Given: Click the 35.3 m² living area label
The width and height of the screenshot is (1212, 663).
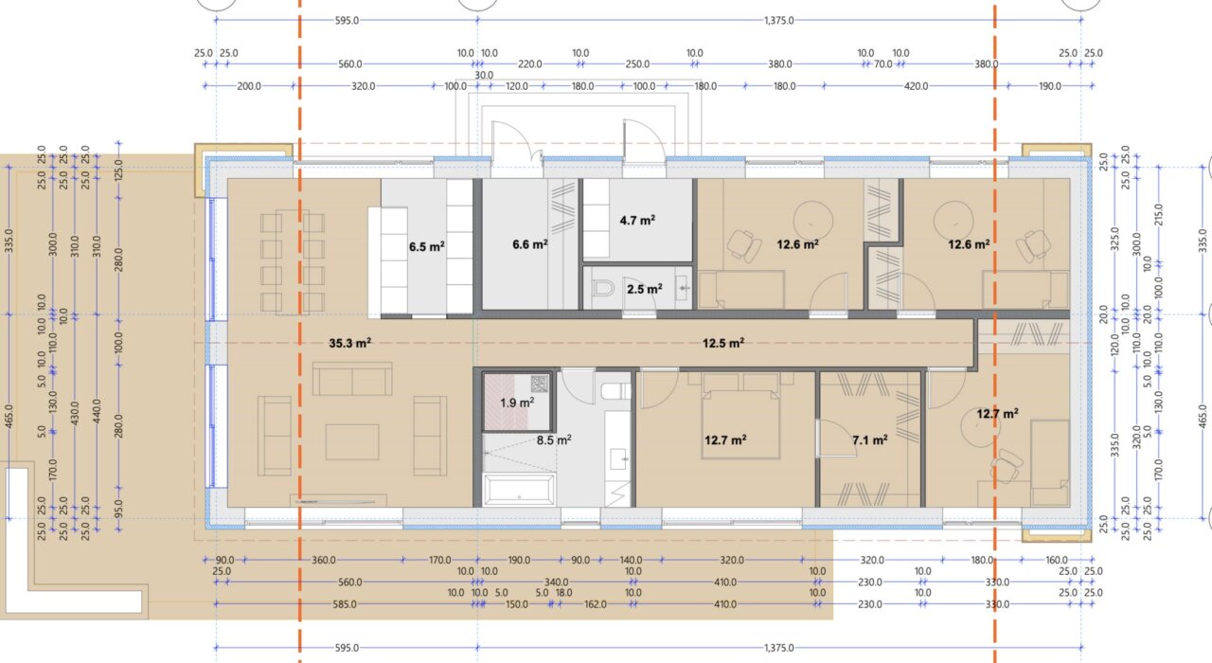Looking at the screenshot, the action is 350,343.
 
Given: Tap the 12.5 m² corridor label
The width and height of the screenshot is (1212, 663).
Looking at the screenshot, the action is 723,343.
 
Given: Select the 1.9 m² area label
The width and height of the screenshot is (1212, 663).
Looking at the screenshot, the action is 517,403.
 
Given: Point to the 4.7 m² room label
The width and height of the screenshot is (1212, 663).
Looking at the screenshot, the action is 637,221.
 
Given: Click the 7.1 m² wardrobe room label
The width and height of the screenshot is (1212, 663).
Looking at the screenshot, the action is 870,440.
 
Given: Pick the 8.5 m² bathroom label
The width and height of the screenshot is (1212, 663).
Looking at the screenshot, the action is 554,440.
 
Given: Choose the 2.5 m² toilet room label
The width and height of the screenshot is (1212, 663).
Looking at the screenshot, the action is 645,290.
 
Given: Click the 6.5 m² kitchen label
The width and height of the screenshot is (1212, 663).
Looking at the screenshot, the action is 427,247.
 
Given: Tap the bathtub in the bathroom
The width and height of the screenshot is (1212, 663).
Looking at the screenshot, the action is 519,490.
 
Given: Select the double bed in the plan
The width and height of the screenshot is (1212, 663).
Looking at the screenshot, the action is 740,416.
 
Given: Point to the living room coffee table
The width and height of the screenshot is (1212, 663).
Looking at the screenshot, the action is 352,442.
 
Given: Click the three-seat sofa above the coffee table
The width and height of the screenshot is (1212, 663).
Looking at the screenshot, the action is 352,379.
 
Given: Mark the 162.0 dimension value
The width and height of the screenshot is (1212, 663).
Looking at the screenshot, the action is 596,604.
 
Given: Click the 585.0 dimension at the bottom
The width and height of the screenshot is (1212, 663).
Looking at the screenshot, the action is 345,604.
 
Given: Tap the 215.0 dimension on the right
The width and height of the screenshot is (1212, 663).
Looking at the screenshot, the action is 1158,214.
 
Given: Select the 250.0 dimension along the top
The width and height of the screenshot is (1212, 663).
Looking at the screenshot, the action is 637,63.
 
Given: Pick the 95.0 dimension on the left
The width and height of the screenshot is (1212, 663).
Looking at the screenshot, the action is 118,509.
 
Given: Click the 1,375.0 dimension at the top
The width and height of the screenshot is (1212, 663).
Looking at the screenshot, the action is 779,21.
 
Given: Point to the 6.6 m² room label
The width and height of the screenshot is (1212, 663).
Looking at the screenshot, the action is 530,244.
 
